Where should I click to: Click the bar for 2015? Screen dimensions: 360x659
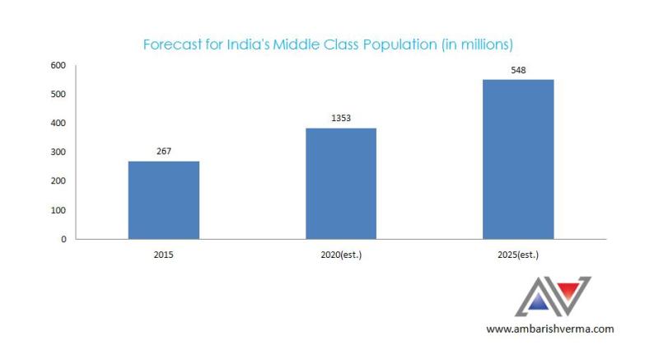(164, 200)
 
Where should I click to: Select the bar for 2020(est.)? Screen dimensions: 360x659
(341, 184)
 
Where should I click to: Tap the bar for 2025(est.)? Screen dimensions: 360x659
(518, 159)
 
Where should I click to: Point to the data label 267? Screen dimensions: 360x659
(164, 151)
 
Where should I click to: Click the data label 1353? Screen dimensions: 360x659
(341, 118)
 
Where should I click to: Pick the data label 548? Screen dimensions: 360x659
(518, 70)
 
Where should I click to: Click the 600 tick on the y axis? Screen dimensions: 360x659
(58, 65)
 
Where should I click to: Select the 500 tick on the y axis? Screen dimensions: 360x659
(58, 94)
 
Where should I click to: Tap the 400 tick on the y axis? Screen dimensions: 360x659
(58, 123)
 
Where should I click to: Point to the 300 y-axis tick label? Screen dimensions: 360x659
(58, 152)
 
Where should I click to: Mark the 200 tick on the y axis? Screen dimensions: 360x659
(58, 181)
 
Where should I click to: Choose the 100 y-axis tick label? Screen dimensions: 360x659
(58, 210)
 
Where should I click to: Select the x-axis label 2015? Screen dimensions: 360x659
(164, 255)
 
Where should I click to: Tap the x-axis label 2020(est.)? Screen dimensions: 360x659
(341, 255)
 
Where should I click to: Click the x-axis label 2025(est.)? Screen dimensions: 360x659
(518, 255)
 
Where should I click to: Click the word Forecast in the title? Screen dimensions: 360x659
(171, 43)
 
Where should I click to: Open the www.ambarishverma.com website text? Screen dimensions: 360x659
(550, 329)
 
